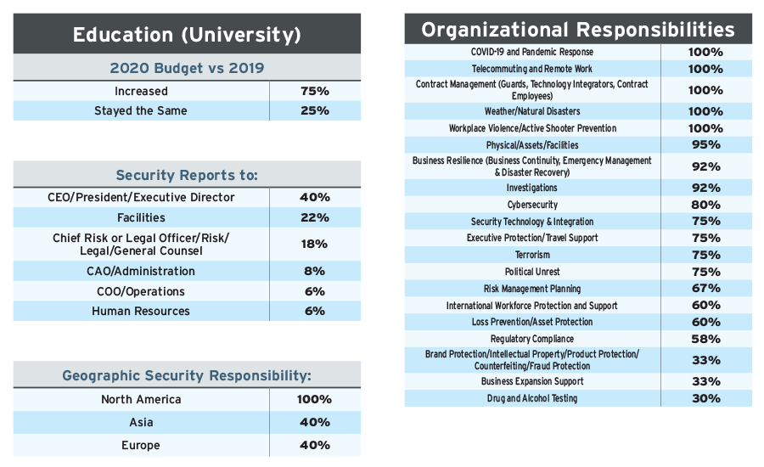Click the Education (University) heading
(187, 35)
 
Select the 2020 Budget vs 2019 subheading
(187, 69)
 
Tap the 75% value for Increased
(315, 91)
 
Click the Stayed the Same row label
(141, 110)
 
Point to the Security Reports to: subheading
(187, 175)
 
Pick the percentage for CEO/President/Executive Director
(315, 197)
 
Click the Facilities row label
(141, 218)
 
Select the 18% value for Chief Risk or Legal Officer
(315, 244)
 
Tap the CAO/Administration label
(141, 271)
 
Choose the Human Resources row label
(141, 311)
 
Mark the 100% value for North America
(315, 399)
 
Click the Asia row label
(141, 422)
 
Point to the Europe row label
(141, 445)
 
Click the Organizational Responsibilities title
(578, 30)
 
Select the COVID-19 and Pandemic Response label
(532, 52)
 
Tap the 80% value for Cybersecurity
(705, 205)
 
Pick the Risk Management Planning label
(532, 289)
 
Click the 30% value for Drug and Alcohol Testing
(705, 398)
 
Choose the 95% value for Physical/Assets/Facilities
(705, 145)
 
